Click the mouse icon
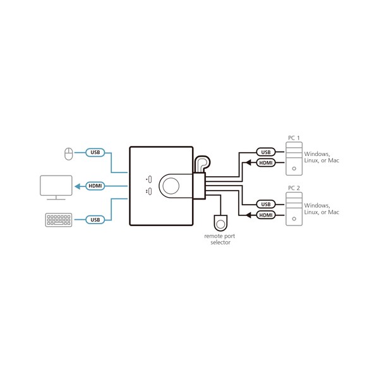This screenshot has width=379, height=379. tap(69, 153)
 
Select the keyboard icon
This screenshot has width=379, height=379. tap(59, 220)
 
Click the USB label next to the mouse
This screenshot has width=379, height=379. tap(95, 152)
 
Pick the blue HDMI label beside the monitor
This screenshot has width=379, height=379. tap(95, 186)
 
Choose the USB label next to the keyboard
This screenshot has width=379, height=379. tap(95, 220)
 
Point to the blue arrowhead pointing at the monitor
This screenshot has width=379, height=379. tap(77, 186)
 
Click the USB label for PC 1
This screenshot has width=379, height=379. tap(266, 152)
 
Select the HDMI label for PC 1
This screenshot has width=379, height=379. tap(266, 163)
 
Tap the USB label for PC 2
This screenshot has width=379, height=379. tap(266, 204)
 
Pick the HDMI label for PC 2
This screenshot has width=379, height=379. tap(266, 215)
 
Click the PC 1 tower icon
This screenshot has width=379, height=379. tap(294, 159)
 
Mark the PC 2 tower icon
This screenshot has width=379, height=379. tap(294, 209)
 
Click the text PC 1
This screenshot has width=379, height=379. tap(294, 138)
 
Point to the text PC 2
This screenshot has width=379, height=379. tap(294, 188)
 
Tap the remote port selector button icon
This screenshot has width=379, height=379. tap(220, 222)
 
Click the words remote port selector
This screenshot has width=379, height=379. tap(220, 239)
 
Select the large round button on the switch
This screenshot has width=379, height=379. tap(171, 186)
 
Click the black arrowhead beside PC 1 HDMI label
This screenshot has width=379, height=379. tap(248, 163)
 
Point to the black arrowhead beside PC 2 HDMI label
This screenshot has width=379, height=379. tap(248, 215)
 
